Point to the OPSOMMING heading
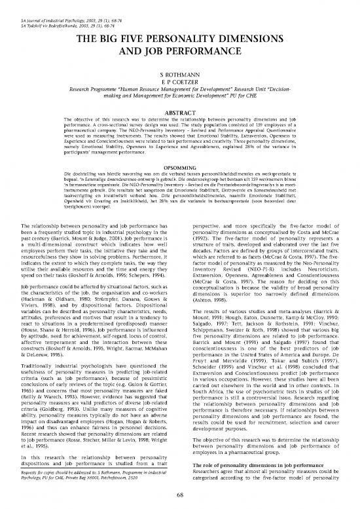point(179,165)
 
